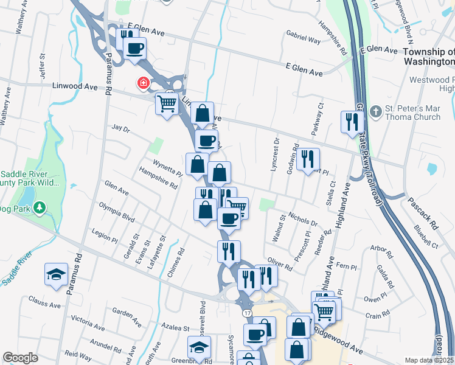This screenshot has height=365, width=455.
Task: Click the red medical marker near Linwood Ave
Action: (144, 83)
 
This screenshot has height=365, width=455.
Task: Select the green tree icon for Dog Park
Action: (40, 209)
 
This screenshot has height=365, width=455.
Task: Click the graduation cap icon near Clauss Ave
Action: (56, 274)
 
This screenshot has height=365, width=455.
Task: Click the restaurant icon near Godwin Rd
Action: (308, 159)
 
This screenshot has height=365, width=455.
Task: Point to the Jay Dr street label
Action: (121, 129)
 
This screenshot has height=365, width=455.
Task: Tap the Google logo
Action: (20, 358)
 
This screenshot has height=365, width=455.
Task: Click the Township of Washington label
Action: (429, 57)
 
